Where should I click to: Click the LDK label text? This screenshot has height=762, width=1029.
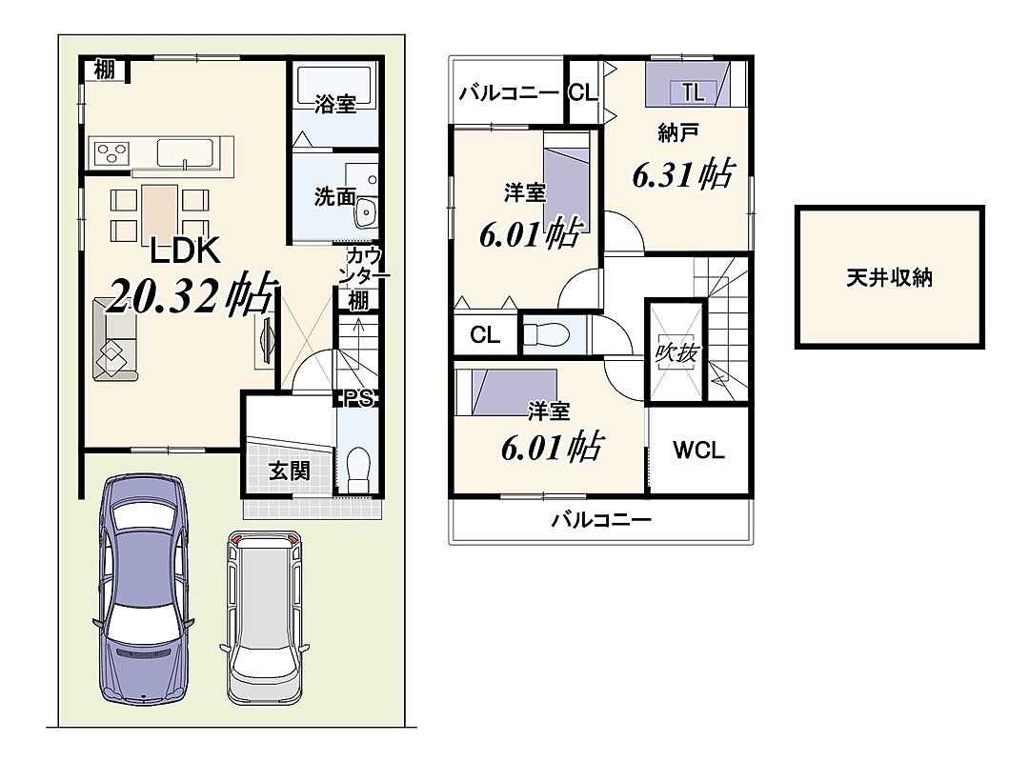(x=185, y=251)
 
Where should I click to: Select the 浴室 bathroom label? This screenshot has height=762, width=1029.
(x=335, y=103)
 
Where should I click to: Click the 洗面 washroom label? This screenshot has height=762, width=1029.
(x=335, y=195)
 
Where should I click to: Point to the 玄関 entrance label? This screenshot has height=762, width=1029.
(x=289, y=470)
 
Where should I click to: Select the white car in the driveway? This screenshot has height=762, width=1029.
(x=265, y=617)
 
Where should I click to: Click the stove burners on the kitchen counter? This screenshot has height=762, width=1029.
(x=111, y=153)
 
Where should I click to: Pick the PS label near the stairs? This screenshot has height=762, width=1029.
(x=359, y=398)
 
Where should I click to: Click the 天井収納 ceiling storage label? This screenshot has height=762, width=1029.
(x=889, y=277)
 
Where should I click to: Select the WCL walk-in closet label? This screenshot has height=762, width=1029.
(x=698, y=451)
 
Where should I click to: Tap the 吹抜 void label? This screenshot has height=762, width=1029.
(x=676, y=353)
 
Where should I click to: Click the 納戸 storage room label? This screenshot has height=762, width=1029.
(x=677, y=132)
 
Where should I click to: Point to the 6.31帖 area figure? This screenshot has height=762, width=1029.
(x=682, y=174)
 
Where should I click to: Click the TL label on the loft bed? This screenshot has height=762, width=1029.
(x=693, y=91)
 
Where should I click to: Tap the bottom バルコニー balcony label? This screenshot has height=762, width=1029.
(x=601, y=520)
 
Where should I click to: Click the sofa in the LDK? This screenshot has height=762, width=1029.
(x=115, y=339)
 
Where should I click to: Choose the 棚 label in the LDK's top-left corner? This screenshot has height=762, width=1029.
(x=105, y=69)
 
